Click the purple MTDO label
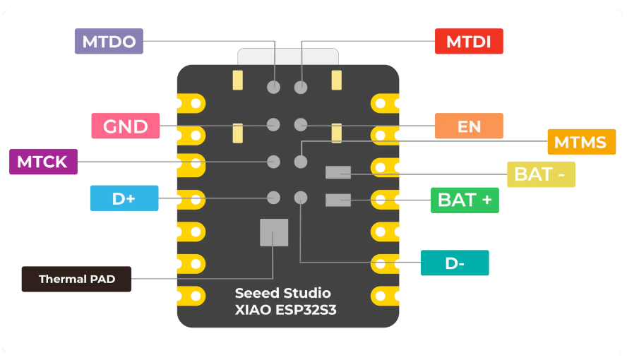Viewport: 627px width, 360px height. point(109,41)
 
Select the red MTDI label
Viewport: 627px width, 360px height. point(469,41)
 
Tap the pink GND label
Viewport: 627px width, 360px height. point(125,126)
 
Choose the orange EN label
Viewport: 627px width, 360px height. point(469,126)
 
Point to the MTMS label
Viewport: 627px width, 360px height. point(581,142)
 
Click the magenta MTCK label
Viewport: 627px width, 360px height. point(42,162)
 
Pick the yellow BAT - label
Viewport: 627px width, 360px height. point(541,174)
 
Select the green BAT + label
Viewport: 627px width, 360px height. point(465,200)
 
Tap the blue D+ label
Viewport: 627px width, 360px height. point(124,198)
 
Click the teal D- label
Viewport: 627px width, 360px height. point(455,263)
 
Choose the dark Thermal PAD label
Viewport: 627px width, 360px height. point(76,279)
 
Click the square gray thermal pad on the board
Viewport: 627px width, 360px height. point(274,232)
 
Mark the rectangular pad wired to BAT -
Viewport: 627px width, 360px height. point(338,172)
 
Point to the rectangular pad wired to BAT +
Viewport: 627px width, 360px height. point(338,200)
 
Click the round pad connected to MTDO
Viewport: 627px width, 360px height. point(274,88)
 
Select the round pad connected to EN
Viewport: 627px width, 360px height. point(301,125)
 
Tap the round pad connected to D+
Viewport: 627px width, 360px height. point(274,198)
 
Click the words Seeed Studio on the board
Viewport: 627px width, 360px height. point(282,293)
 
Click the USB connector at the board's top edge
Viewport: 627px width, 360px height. point(287,57)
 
